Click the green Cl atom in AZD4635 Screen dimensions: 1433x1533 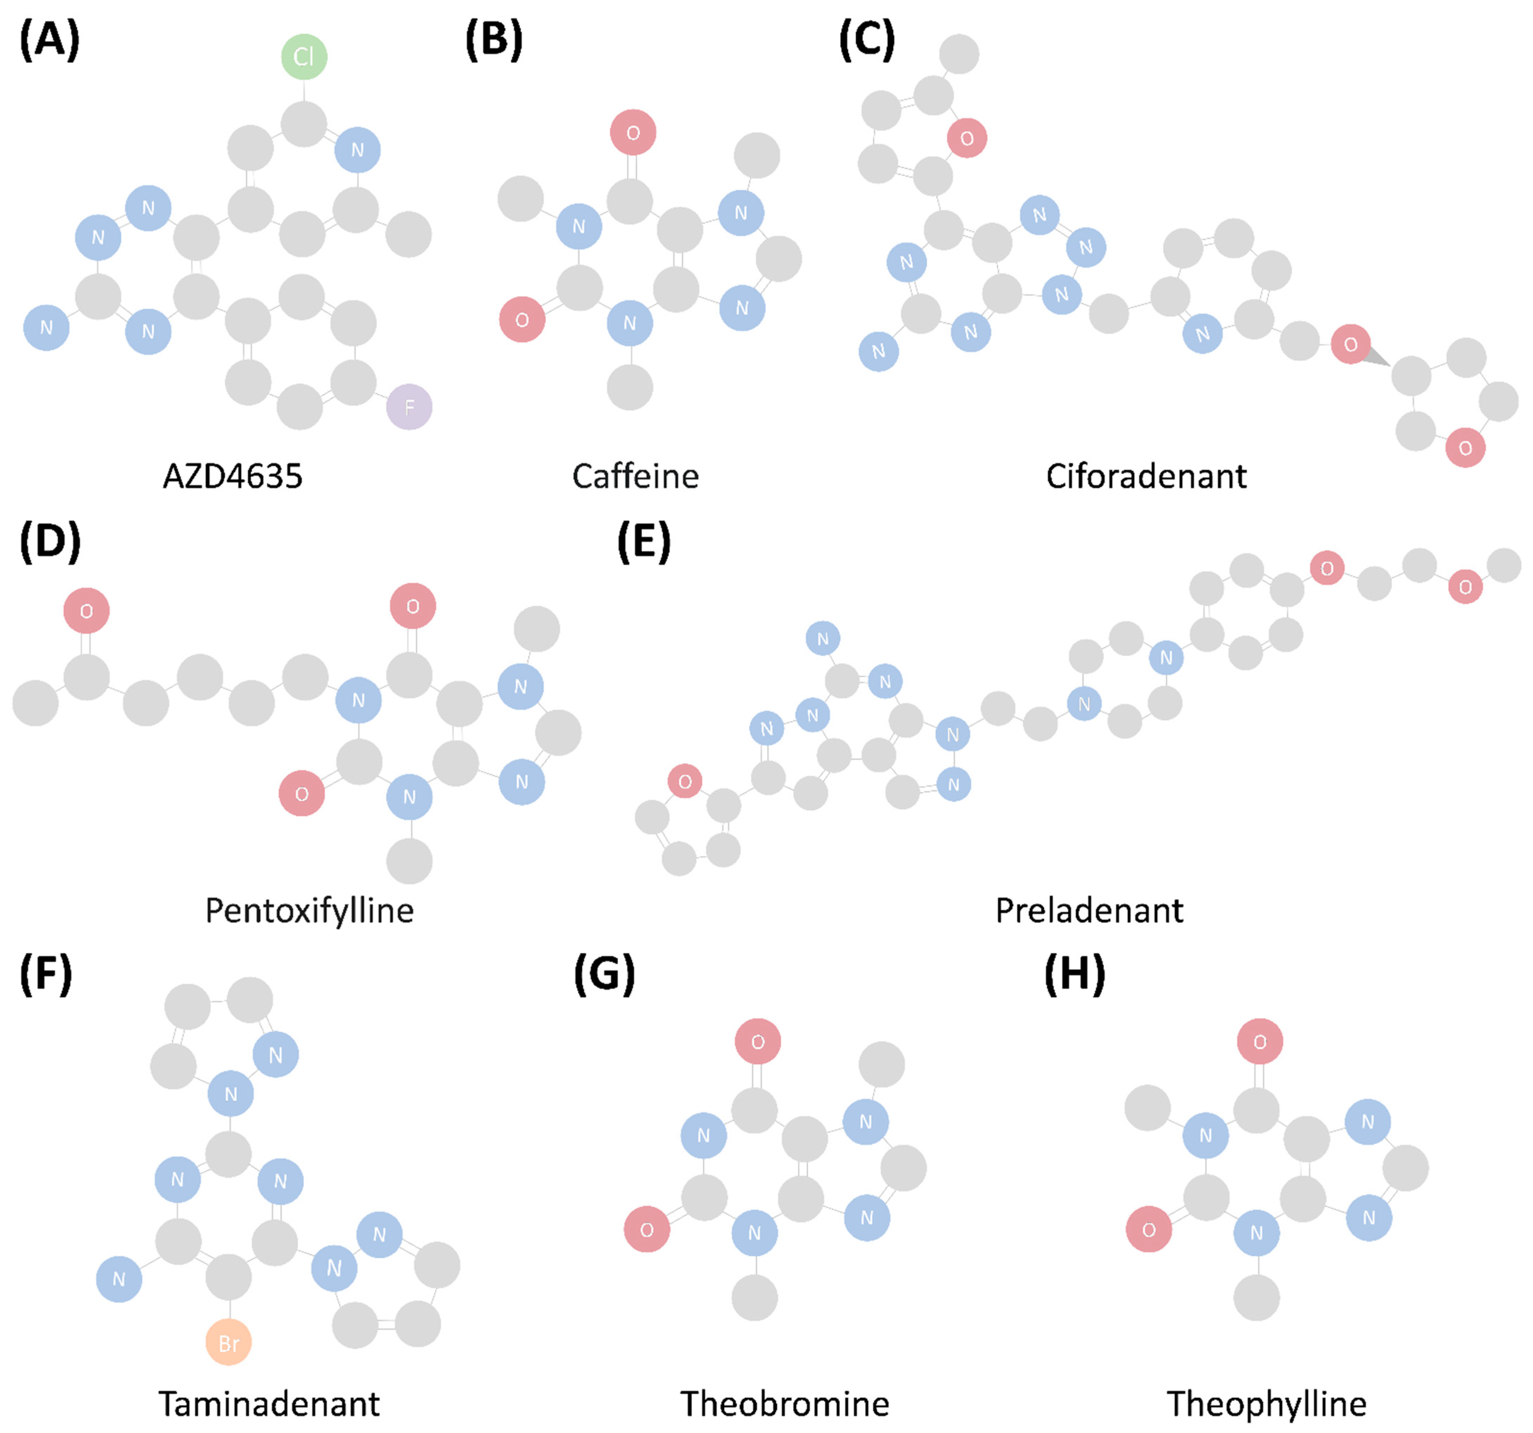(x=304, y=56)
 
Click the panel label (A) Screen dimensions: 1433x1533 (x=49, y=40)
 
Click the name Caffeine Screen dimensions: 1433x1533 (x=636, y=476)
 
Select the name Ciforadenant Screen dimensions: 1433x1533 (x=1146, y=476)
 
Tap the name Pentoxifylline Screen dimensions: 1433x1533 (x=309, y=910)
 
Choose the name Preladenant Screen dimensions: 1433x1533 (x=1089, y=910)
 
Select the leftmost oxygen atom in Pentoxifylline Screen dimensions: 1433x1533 (x=86, y=610)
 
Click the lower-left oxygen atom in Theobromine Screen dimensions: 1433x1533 (x=646, y=1230)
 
